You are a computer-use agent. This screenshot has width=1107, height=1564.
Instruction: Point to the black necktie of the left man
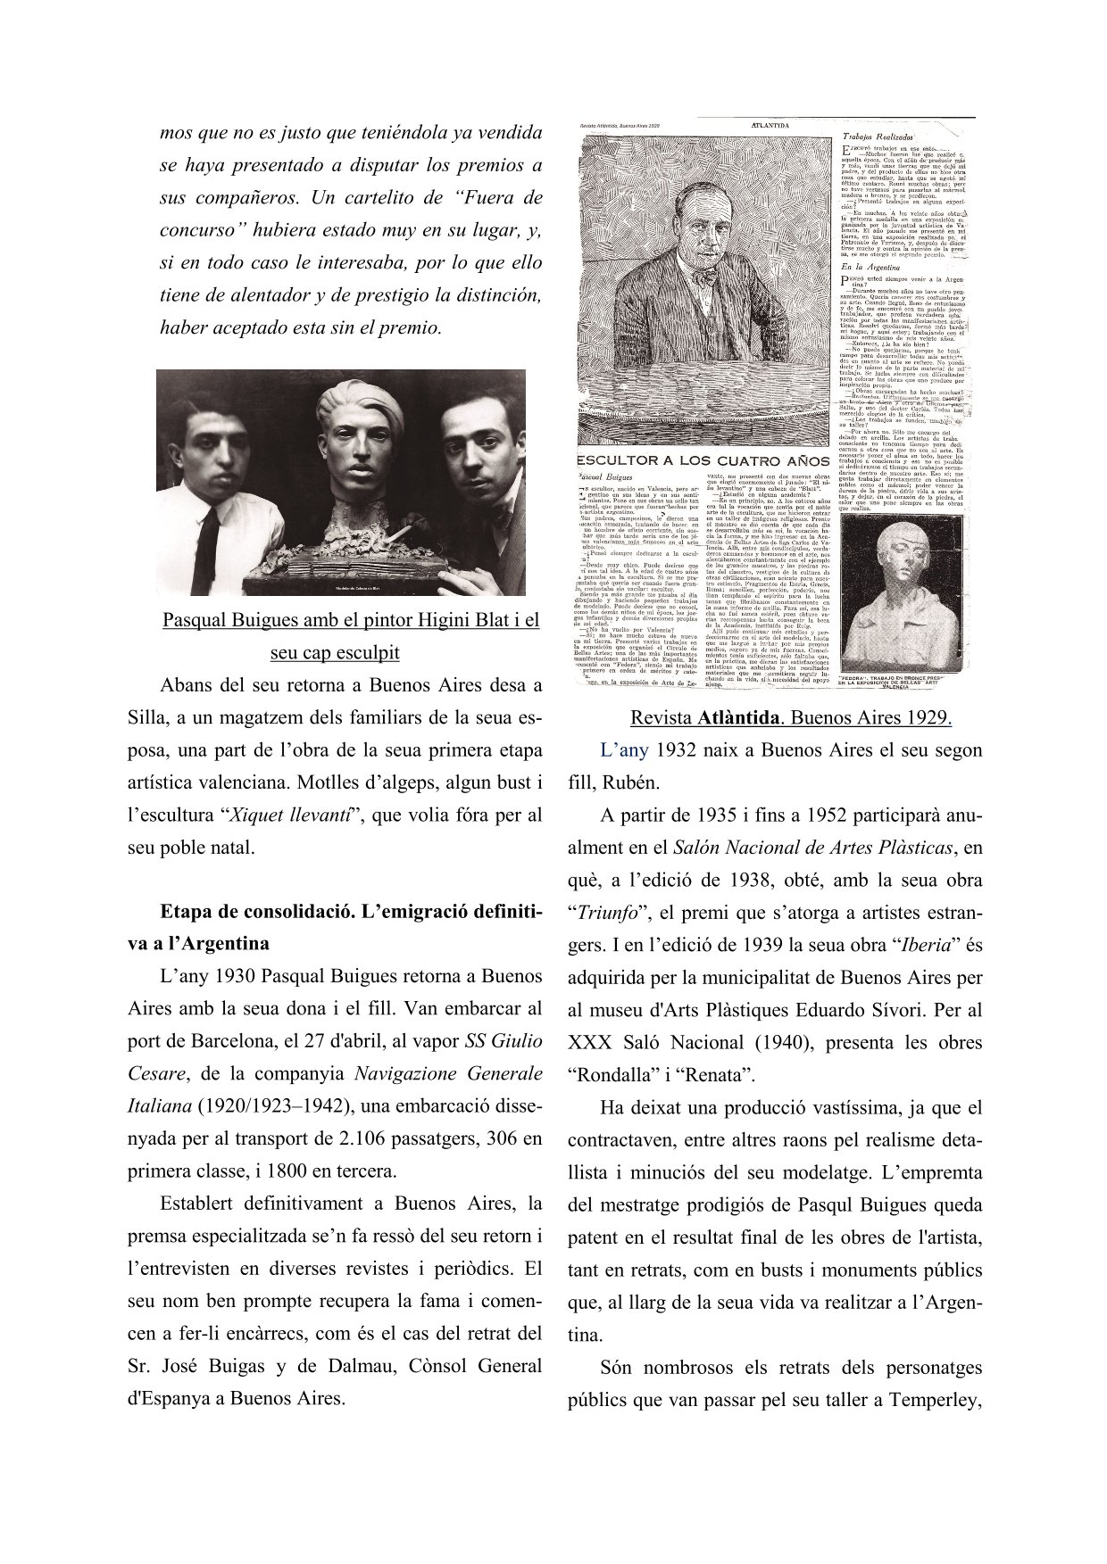coord(208,534)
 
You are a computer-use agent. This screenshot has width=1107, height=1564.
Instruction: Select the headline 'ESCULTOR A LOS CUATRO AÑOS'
coord(703,461)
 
